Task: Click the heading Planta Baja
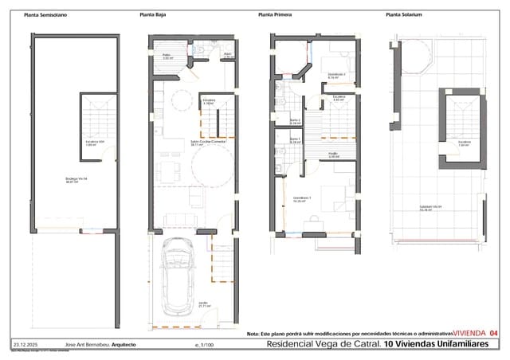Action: pyautogui.click(x=153, y=15)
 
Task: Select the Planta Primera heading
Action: pyautogui.click(x=276, y=15)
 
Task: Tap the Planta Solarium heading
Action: pyautogui.click(x=403, y=15)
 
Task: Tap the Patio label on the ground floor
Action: pyautogui.click(x=167, y=57)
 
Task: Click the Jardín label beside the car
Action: pyautogui.click(x=204, y=303)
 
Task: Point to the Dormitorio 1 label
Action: pyautogui.click(x=302, y=199)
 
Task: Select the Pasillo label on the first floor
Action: pyautogui.click(x=334, y=155)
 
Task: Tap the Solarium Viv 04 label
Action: pyautogui.click(x=430, y=209)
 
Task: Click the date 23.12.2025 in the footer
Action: pyautogui.click(x=26, y=344)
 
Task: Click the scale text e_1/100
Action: pyautogui.click(x=205, y=344)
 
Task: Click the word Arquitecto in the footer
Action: pyautogui.click(x=124, y=344)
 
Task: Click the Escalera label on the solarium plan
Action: pyautogui.click(x=465, y=143)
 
